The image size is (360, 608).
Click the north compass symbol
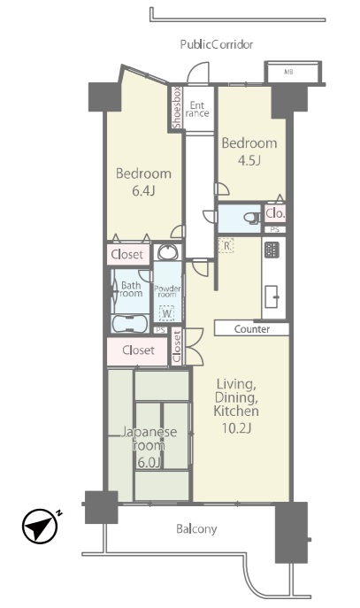point(40,527)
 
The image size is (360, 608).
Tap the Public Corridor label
point(217,44)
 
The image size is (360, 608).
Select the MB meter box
point(293,72)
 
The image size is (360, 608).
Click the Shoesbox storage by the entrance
point(177,107)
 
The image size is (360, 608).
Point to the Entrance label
point(197,110)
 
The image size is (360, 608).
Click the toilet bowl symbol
point(253,218)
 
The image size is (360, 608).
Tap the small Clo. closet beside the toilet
point(275,213)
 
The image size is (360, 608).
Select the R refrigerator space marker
point(226,245)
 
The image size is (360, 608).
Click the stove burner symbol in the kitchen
point(271,250)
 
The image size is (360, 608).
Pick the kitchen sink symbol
point(272,296)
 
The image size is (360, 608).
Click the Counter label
point(252,329)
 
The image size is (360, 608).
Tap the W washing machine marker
point(166,313)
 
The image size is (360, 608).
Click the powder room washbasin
point(167,252)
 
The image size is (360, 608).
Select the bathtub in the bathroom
point(129,323)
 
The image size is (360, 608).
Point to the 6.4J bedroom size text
point(144,191)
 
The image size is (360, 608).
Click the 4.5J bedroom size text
point(249,160)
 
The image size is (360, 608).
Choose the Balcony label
point(196,529)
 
